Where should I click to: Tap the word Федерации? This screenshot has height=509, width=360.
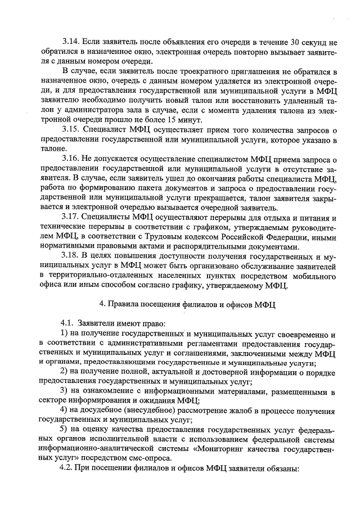pyautogui.click(x=285, y=237)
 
